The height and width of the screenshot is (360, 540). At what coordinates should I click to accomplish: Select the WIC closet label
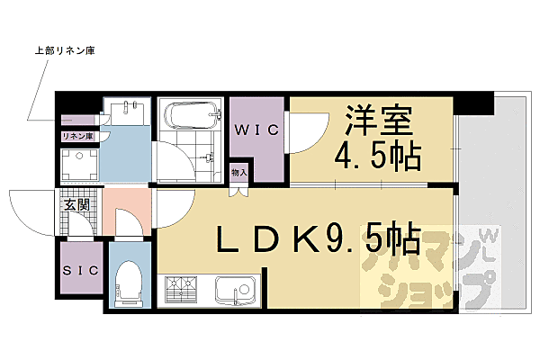[256, 129]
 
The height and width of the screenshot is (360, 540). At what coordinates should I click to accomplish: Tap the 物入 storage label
[238, 172]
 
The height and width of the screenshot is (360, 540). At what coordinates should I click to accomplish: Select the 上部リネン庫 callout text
[64, 51]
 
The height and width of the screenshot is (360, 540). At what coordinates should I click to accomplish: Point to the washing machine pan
[78, 164]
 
